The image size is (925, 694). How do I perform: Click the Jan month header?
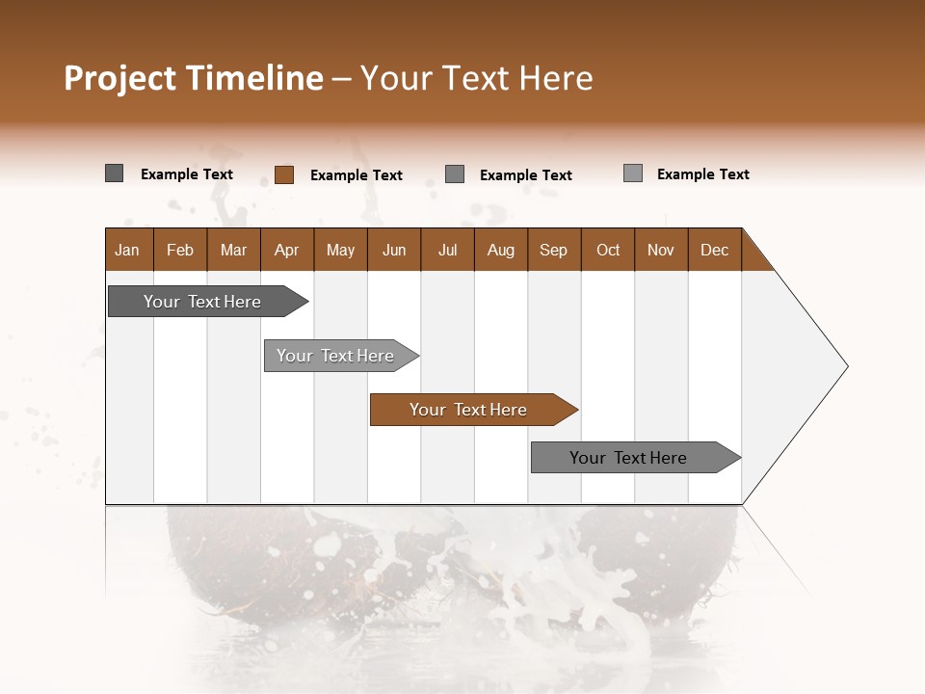pyautogui.click(x=128, y=250)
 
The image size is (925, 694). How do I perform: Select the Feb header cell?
pyautogui.click(x=180, y=250)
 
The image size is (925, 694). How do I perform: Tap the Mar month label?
pyautogui.click(x=233, y=250)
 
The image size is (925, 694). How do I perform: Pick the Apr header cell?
pyautogui.click(x=287, y=250)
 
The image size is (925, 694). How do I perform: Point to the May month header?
pyautogui.click(x=340, y=250)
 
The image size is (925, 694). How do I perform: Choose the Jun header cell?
pyautogui.click(x=394, y=250)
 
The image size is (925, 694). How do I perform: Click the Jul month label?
pyautogui.click(x=447, y=250)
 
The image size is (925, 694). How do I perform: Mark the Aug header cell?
pyautogui.click(x=501, y=250)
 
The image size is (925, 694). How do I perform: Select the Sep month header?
pyautogui.click(x=554, y=250)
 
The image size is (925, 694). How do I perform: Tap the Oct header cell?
pyautogui.click(x=608, y=250)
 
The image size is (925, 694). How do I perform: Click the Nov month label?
pyautogui.click(x=661, y=250)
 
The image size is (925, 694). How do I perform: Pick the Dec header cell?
pyautogui.click(x=715, y=250)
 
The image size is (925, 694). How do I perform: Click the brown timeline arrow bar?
pyautogui.click(x=472, y=410)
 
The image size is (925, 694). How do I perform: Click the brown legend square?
pyautogui.click(x=284, y=174)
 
